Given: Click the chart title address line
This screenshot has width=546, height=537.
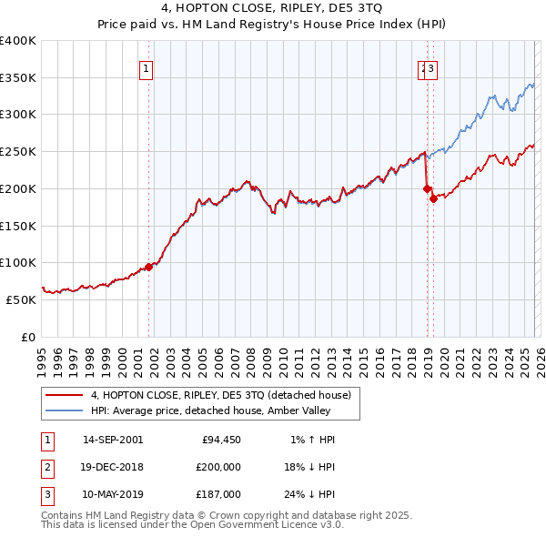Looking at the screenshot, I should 272,8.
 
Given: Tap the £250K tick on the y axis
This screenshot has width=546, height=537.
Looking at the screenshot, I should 18,152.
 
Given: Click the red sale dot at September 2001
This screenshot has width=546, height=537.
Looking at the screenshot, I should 149,267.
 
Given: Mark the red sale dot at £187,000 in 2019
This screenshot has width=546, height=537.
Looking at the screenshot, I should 433,198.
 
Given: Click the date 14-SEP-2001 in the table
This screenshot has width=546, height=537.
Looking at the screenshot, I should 113,440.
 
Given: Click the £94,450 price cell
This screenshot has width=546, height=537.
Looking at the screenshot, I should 220,440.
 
